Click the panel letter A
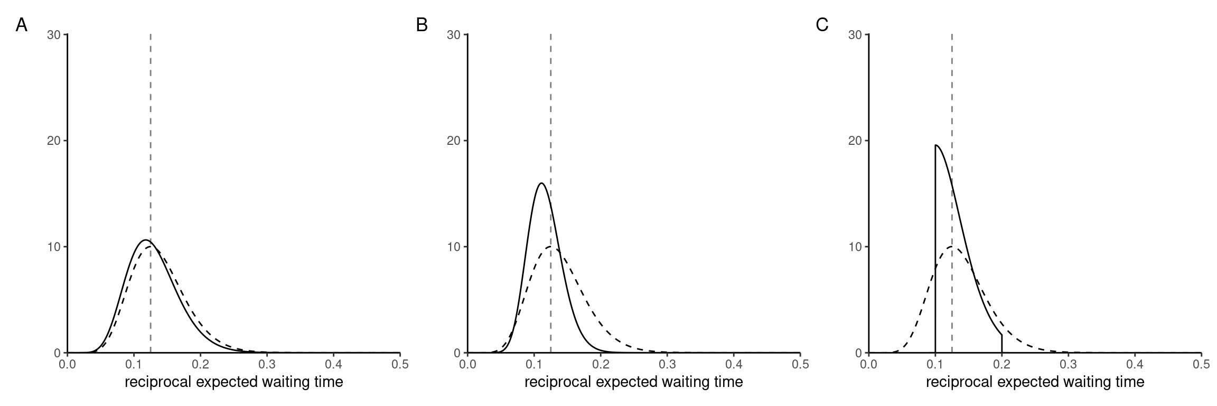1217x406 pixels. (21, 25)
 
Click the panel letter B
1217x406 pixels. (422, 25)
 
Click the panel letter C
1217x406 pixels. (822, 25)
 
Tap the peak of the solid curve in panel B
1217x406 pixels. (541, 183)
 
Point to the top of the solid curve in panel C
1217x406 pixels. (936, 145)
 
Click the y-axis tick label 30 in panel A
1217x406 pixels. (53, 35)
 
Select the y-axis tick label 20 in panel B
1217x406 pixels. (454, 141)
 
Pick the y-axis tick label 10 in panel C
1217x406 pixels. (854, 247)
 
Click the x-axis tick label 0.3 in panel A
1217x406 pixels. (267, 364)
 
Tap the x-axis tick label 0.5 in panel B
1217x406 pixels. (800, 364)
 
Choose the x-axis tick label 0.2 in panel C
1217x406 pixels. (1001, 364)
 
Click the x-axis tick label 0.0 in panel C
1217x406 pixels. (868, 364)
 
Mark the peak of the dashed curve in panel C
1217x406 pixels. (952, 247)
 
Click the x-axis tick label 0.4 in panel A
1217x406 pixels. (333, 364)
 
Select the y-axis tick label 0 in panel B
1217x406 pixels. (457, 353)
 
